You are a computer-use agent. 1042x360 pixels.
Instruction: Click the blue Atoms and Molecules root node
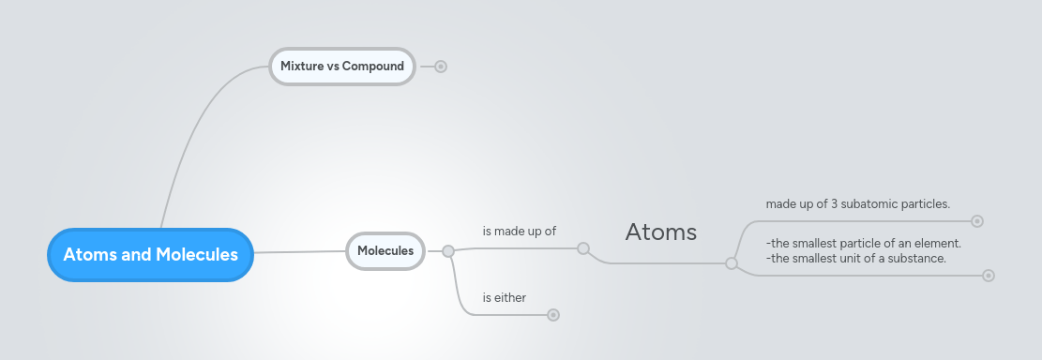click(150, 254)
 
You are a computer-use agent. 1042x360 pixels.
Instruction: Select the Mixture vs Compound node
click(341, 67)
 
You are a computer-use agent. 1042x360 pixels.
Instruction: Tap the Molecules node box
click(385, 250)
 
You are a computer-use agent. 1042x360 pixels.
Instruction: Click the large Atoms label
click(660, 232)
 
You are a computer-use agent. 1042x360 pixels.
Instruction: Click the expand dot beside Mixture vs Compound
click(441, 67)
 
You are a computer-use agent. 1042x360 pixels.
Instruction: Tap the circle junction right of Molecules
click(448, 251)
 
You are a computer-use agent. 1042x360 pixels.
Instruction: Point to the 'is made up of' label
click(520, 230)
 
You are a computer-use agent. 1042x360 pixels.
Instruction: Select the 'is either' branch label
click(505, 297)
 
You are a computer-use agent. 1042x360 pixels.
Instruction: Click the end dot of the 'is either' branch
click(553, 315)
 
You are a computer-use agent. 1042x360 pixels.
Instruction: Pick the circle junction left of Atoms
click(583, 248)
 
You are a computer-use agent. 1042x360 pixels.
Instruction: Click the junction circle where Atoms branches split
click(732, 263)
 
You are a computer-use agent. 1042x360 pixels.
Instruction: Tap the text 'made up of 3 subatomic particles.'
click(858, 203)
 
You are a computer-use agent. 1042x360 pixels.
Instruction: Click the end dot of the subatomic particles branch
click(977, 221)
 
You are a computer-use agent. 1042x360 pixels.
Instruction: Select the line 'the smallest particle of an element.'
click(864, 244)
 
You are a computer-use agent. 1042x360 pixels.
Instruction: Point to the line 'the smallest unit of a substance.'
click(856, 258)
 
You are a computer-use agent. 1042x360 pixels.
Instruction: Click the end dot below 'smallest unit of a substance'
click(988, 276)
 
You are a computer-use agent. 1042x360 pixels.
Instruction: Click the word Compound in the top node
click(372, 67)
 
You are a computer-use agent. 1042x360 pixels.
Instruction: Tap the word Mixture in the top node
click(302, 67)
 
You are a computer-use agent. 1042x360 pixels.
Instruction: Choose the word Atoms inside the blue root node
click(90, 254)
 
